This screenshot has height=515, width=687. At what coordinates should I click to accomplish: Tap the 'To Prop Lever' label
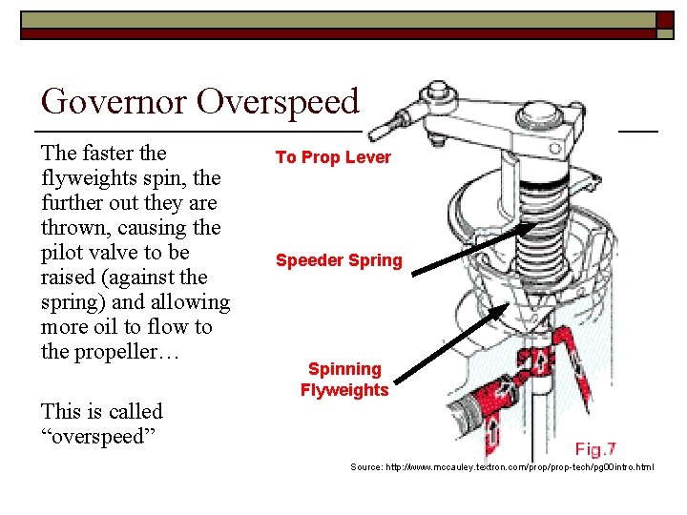tap(333, 157)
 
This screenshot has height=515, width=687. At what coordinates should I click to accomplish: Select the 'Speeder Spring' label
tap(339, 260)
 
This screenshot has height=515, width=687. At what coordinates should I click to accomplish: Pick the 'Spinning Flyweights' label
tap(344, 380)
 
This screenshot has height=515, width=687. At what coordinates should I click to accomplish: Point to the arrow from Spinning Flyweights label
tap(448, 348)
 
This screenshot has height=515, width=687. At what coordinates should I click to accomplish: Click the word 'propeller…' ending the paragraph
tap(124, 352)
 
